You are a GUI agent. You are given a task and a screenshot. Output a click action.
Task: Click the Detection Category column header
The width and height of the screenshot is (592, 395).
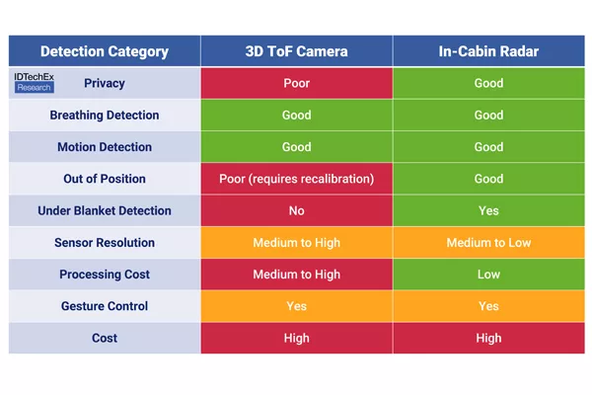[x=105, y=51]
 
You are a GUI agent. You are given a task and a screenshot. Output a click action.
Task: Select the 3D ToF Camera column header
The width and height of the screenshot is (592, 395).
[x=297, y=51]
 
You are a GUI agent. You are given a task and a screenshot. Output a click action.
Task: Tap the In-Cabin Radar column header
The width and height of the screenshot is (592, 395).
[x=489, y=51]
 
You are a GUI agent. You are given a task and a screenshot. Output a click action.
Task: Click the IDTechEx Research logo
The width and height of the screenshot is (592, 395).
[x=34, y=83]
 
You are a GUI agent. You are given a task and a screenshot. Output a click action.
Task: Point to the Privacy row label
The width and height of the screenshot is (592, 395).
[x=105, y=83]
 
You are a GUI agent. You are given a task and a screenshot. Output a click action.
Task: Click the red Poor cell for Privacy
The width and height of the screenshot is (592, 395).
[x=297, y=83]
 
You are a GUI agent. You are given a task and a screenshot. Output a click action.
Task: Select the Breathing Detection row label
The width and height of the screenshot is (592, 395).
[x=105, y=115]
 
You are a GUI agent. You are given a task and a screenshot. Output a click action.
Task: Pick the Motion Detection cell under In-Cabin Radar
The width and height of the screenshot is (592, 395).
[x=489, y=147]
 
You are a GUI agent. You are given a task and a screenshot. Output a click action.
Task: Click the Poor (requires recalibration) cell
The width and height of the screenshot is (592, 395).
[x=297, y=179]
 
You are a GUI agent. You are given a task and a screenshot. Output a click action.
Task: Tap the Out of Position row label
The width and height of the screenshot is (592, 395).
[x=105, y=179]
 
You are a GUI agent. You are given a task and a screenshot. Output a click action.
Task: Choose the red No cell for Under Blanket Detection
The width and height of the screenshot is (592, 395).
[x=297, y=210]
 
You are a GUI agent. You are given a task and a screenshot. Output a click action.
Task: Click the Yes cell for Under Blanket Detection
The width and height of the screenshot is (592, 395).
[x=489, y=210]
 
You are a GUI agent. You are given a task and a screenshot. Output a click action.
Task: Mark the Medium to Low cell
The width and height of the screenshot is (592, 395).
[x=489, y=242]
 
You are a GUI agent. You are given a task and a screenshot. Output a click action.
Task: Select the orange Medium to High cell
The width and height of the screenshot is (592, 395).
[x=297, y=242]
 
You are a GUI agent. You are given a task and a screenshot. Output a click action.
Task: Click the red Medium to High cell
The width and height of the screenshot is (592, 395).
[x=297, y=275]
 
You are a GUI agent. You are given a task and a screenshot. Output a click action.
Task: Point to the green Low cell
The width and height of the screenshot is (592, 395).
[x=489, y=275]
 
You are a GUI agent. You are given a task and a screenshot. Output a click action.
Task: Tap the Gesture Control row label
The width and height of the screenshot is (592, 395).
[x=105, y=306]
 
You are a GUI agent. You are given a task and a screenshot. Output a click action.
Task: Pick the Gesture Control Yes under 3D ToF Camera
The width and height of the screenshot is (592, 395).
[x=297, y=306]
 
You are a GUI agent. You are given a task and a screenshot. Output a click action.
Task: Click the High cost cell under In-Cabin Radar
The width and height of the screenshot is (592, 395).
[x=489, y=338]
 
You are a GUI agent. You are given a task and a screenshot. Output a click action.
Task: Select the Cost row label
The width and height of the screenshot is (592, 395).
[x=105, y=338]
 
